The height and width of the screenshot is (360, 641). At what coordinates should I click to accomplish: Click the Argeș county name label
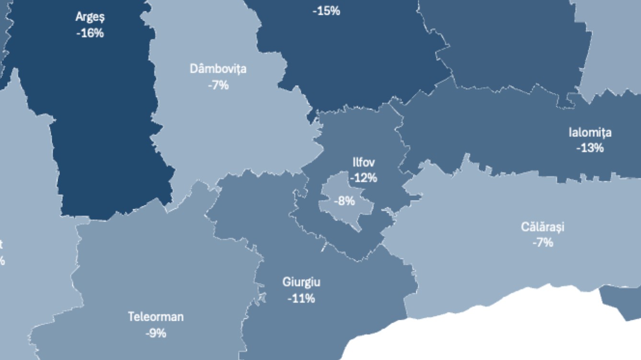tap(90, 17)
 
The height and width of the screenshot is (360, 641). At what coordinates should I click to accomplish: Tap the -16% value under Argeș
tap(90, 33)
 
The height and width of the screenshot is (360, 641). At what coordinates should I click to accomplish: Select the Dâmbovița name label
tap(218, 69)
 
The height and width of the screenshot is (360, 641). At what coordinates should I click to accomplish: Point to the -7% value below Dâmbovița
tap(218, 85)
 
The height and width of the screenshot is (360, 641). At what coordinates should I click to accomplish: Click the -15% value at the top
tap(326, 11)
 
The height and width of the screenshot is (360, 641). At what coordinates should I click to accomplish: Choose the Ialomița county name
tap(590, 133)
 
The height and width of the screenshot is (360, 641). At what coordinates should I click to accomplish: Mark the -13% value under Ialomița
tap(590, 148)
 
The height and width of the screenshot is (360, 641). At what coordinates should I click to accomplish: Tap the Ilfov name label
tap(364, 162)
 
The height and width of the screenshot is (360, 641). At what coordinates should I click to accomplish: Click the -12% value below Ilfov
tap(364, 178)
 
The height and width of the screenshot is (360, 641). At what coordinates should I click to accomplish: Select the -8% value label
tap(344, 201)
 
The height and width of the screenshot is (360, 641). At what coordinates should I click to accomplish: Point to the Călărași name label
tap(543, 226)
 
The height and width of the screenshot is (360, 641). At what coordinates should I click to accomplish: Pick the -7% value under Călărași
tap(543, 242)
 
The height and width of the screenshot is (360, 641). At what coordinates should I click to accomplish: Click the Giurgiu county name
tap(301, 282)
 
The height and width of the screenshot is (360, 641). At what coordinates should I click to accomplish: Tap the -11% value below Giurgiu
tap(301, 298)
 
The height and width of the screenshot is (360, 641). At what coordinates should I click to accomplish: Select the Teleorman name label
tap(156, 317)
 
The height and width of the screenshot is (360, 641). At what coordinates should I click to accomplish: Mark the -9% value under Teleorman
tap(156, 333)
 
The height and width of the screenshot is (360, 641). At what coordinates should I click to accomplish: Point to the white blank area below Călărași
tap(479, 335)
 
